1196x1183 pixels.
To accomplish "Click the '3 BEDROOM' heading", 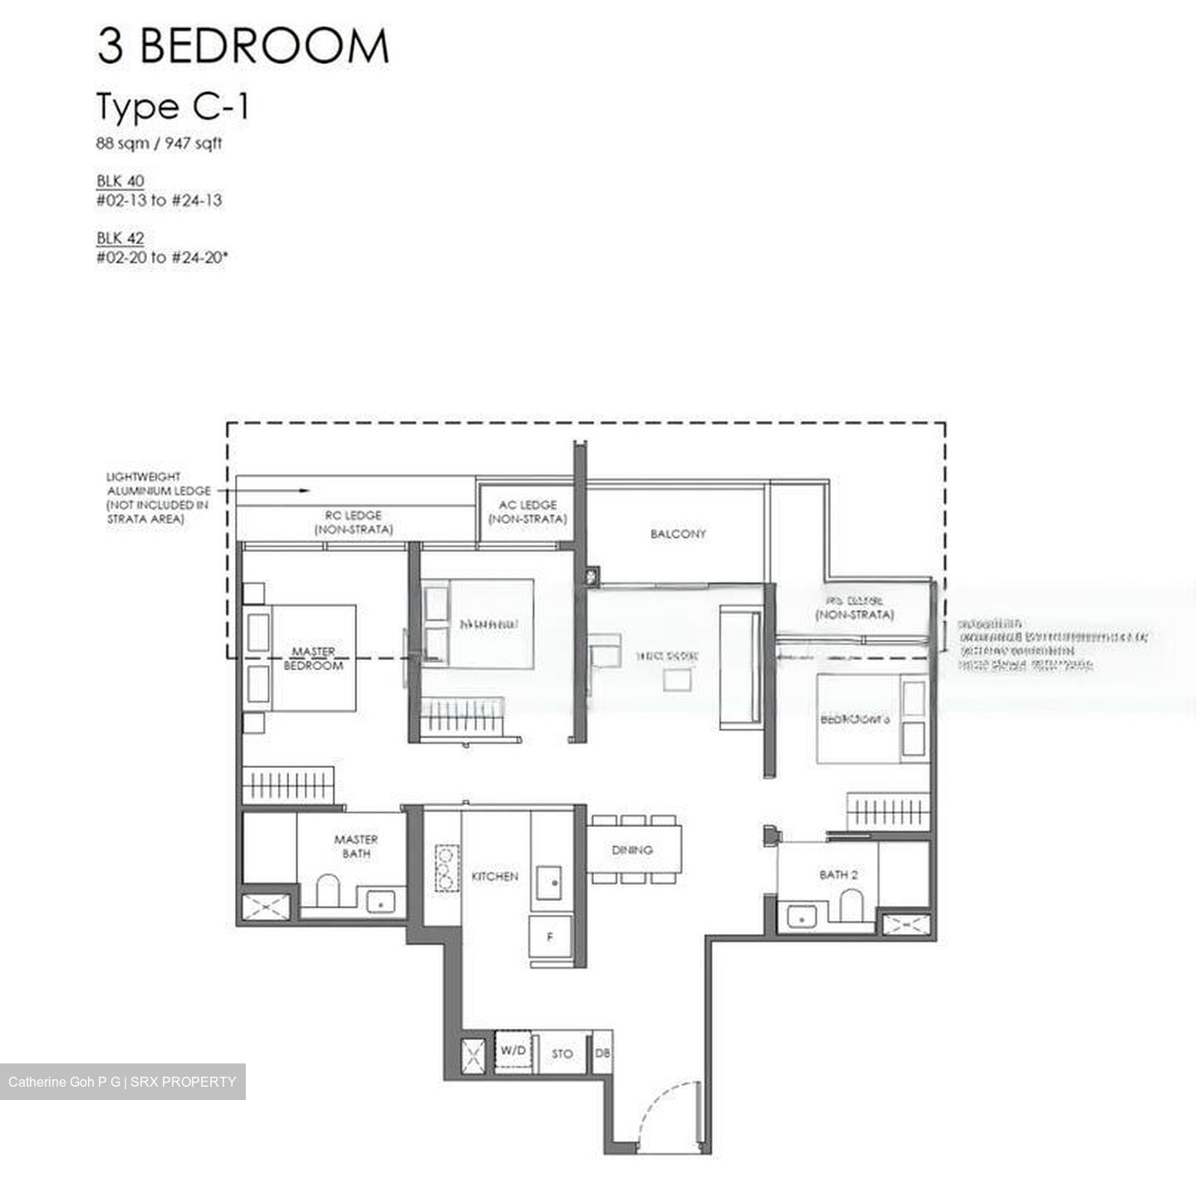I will point(243,46).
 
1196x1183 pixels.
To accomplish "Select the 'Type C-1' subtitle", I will point(173,107).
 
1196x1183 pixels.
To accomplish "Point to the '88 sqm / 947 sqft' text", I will point(159,144).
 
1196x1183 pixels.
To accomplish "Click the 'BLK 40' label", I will point(120,181).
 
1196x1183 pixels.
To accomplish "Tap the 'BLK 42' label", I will point(120,238).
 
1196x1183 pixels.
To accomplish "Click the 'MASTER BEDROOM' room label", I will point(313,658).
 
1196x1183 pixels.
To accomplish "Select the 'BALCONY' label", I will point(678,534).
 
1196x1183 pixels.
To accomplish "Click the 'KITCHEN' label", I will point(495,876).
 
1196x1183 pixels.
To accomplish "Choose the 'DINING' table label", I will point(632,850).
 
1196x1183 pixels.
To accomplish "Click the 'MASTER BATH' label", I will point(355,846).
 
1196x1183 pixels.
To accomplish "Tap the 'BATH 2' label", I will point(833,874).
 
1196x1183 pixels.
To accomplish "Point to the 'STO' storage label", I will point(562,1053).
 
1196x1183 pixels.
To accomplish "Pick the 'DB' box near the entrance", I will point(603,1053).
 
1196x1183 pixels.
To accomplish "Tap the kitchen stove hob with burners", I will point(446,868).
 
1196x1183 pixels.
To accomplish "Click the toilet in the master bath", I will point(328,890).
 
